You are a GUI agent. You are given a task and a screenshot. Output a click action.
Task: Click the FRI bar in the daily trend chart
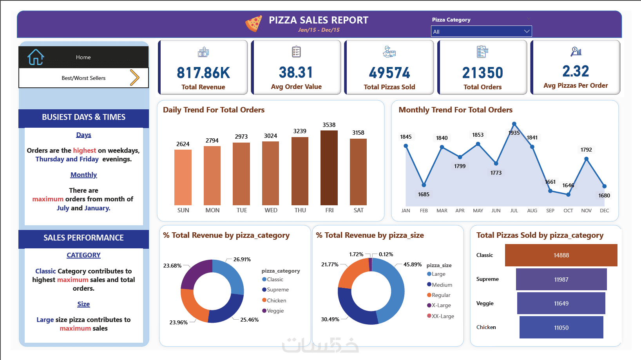point(329,168)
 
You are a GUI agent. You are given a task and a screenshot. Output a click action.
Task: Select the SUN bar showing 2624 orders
point(183,177)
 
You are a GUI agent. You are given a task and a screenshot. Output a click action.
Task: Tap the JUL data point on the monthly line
point(514,124)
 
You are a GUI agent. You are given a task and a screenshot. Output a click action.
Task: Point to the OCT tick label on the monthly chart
point(568,211)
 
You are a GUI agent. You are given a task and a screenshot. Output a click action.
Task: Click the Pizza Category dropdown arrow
point(527,31)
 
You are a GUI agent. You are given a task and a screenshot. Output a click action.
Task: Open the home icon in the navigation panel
point(36,57)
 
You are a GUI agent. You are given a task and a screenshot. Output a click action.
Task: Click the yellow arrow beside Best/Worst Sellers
point(134,78)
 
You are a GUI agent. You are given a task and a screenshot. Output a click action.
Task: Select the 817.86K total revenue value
point(203,73)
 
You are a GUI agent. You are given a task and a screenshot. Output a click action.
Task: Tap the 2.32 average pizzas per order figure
point(576,71)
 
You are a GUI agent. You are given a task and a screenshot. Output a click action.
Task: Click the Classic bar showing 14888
point(561,255)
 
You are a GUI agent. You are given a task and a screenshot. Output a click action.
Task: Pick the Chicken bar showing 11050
point(561,327)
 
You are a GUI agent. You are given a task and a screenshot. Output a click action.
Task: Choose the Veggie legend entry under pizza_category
point(273,311)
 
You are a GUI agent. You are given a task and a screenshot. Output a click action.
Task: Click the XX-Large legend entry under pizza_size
point(440,316)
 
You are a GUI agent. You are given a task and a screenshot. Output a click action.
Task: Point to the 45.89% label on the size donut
point(412,264)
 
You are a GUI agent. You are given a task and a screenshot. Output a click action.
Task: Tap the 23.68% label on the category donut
point(172,266)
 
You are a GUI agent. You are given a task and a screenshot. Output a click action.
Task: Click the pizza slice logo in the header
point(254,24)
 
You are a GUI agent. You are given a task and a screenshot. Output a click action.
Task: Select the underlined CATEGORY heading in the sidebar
point(83,255)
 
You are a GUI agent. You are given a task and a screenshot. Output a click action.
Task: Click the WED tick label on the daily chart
point(271,210)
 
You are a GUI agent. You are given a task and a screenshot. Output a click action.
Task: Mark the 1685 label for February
point(424,194)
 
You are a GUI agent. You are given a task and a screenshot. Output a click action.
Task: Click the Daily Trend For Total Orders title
point(214,110)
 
